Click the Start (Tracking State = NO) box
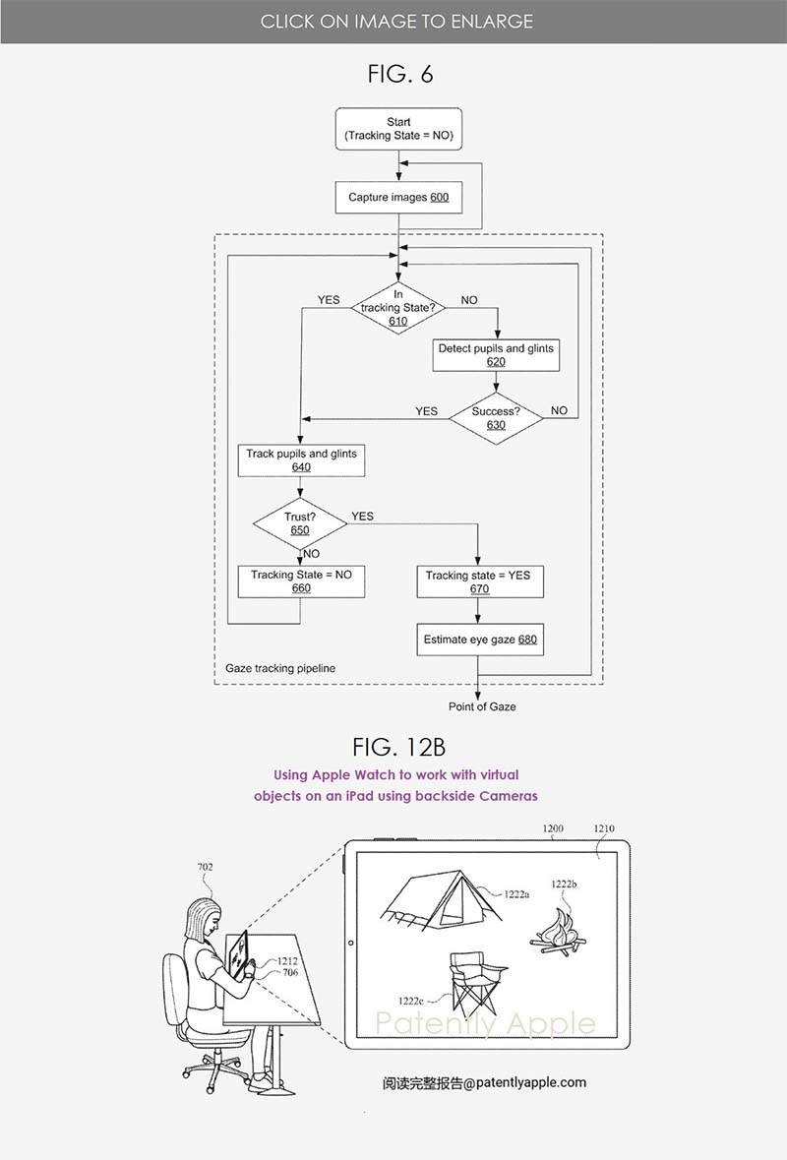pos(398,129)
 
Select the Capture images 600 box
pos(397,198)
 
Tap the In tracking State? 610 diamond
pos(398,307)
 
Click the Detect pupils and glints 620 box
pos(496,355)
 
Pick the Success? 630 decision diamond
pos(496,418)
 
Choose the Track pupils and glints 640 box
pos(301,460)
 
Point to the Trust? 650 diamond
pos(300,523)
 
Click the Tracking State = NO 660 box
pos(301,581)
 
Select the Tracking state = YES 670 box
pos(478,581)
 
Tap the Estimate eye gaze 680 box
pos(479,640)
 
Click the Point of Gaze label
pos(482,706)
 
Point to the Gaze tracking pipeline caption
pos(280,668)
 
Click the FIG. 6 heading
pos(397,74)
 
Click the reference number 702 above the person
pos(205,868)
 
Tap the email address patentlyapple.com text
pos(484,1082)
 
